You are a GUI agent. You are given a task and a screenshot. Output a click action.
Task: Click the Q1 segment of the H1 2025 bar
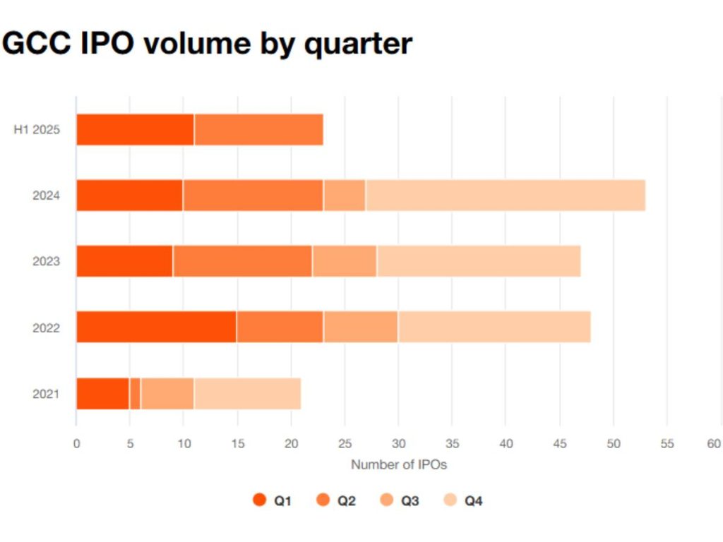click(x=135, y=129)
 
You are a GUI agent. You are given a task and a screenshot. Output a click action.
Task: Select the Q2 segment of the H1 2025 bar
click(x=258, y=129)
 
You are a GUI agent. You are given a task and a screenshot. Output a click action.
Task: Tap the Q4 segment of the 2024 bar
click(x=505, y=195)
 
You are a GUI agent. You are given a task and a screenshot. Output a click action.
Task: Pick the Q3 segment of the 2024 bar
click(x=345, y=195)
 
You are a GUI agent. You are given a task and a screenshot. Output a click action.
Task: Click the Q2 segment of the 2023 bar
click(x=242, y=261)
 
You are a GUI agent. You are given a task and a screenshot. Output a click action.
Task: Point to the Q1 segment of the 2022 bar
click(x=156, y=327)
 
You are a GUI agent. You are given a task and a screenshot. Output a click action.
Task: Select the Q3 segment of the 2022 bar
click(x=361, y=327)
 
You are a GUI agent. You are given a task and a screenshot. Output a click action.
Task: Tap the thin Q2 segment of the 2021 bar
click(x=135, y=393)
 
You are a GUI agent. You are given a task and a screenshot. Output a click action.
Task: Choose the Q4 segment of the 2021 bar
click(x=247, y=393)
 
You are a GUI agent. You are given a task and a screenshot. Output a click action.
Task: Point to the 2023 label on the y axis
click(x=46, y=262)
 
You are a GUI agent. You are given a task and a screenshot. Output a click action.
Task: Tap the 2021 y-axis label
click(x=46, y=394)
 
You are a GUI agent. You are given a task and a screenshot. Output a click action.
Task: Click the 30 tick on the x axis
click(x=398, y=444)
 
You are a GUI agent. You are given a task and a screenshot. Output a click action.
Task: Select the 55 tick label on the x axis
click(x=667, y=444)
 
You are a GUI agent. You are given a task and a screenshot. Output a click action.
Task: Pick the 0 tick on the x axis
click(x=76, y=444)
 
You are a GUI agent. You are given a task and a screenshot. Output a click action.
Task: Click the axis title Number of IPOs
click(x=398, y=465)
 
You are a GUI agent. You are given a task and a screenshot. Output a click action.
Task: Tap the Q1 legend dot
click(x=259, y=500)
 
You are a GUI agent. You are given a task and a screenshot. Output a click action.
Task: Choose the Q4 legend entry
click(x=463, y=500)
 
